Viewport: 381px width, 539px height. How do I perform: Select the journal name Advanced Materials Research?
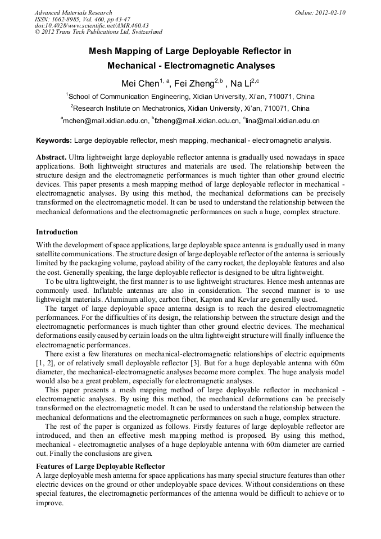click(73, 12)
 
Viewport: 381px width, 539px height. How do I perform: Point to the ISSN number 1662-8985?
click(72, 19)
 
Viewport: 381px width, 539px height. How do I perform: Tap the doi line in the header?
click(91, 25)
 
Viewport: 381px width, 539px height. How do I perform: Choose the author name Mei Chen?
click(140, 84)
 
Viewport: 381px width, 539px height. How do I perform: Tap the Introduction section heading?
click(57, 232)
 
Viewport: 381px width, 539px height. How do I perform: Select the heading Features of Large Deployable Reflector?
click(101, 466)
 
